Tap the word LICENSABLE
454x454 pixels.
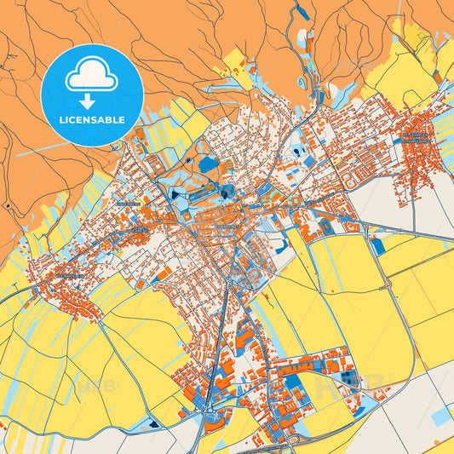coord(91,120)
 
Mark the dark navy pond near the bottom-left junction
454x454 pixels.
coord(152,422)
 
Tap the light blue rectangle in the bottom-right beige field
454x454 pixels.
coord(441,417)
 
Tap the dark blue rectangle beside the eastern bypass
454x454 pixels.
coord(377,245)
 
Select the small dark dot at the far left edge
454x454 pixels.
coord(6,206)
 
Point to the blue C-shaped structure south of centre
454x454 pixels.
coord(279,244)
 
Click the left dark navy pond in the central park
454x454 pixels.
coord(175,194)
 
